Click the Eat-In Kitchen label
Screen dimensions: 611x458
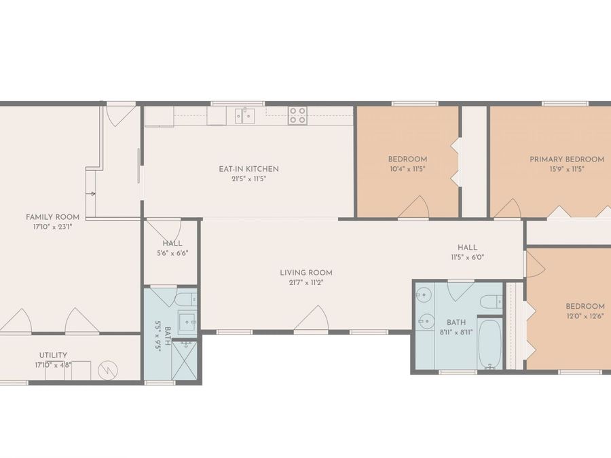pos(248,169)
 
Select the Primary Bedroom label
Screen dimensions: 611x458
pos(567,159)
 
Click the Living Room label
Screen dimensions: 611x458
pos(306,273)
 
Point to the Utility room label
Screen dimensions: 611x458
pos(53,355)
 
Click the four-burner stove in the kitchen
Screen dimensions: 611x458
pos(297,115)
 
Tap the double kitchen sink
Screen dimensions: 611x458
pos(245,115)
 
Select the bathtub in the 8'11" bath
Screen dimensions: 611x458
pos(489,345)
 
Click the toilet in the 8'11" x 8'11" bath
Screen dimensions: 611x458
pos(491,301)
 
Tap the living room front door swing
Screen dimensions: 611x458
pos(312,319)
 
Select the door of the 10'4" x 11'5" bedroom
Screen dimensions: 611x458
pos(414,207)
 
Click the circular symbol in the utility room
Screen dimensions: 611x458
pos(108,370)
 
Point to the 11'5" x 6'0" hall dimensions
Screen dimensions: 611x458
pos(468,257)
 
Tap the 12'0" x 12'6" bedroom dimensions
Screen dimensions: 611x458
pos(585,316)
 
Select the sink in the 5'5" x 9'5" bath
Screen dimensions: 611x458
pos(187,322)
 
